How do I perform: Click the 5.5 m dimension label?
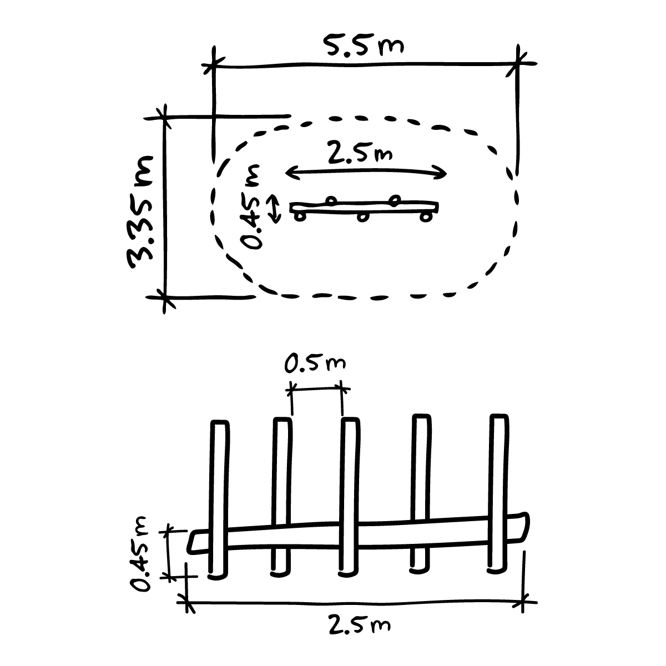point(363,45)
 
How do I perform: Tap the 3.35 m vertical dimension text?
point(140,212)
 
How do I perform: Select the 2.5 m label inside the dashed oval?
point(360,153)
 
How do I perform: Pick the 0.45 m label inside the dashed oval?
point(251,207)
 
